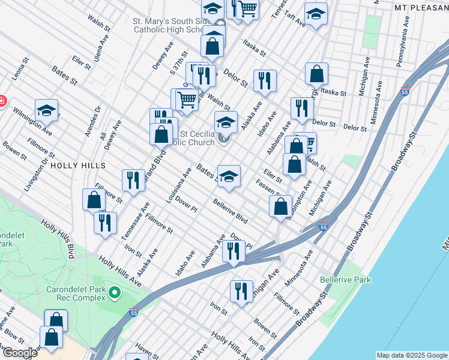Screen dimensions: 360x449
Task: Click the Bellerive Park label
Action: point(345,280)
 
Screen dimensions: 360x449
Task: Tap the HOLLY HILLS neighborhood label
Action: point(78,165)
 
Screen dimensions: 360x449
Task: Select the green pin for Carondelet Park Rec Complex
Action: point(115,293)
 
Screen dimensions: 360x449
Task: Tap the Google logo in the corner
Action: point(19,353)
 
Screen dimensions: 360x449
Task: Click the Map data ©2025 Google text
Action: point(411,355)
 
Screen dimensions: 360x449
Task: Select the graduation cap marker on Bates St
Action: point(229,176)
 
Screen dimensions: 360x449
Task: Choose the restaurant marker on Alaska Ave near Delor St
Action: point(265,80)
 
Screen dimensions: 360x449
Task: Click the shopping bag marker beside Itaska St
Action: point(316,73)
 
